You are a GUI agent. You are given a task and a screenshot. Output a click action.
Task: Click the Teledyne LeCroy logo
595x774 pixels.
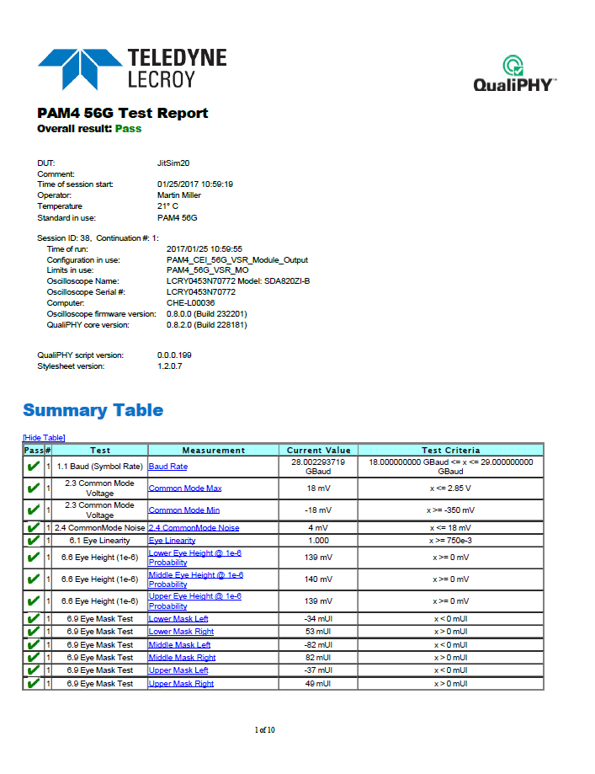[132, 68]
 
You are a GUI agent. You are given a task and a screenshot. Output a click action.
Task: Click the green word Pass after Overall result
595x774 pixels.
[128, 129]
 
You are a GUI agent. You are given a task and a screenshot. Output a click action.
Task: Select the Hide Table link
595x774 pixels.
[44, 437]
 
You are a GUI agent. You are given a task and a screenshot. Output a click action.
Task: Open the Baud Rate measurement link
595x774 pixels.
[168, 466]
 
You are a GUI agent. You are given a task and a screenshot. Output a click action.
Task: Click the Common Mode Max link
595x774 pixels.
[185, 488]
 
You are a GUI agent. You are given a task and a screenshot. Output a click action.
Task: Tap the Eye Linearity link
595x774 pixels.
[173, 541]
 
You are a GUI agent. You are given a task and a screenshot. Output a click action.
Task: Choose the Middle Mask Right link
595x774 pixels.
[182, 658]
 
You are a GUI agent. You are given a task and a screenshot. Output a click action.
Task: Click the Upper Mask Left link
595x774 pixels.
[178, 670]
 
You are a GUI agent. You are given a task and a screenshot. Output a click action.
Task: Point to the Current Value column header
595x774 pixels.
[318, 450]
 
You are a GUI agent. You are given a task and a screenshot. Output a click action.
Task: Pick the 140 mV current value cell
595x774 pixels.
[318, 579]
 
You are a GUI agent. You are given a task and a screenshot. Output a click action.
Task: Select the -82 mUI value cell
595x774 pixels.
[318, 645]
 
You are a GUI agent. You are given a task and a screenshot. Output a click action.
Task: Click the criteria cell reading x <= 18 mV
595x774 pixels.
[451, 527]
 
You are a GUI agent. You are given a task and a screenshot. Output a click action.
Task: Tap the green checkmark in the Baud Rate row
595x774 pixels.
[33, 466]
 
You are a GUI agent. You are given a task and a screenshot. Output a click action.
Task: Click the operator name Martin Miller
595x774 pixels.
[179, 195]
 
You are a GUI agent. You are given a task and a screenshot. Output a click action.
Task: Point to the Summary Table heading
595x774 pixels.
[93, 411]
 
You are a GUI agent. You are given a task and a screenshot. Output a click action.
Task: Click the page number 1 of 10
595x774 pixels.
[265, 729]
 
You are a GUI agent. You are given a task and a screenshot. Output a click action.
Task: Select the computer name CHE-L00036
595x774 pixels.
[191, 302]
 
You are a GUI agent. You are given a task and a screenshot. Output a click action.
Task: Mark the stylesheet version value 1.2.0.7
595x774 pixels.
[169, 366]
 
